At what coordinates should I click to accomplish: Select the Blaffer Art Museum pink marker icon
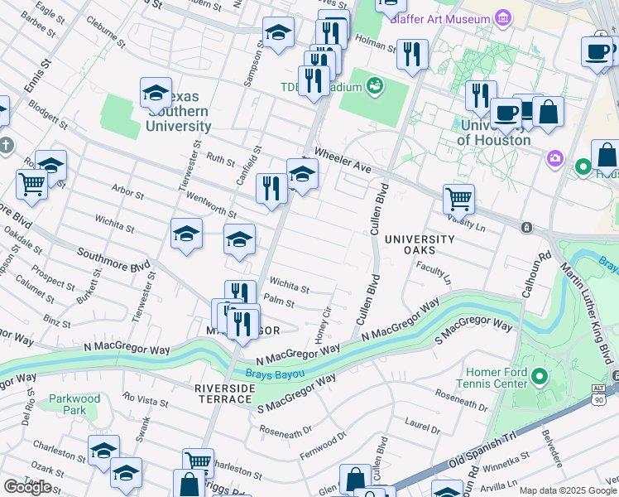coord(502,17)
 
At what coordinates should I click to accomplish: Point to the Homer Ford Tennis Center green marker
coord(540,378)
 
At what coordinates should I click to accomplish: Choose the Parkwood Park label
coord(74,404)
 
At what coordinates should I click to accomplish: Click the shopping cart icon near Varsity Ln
coord(458,198)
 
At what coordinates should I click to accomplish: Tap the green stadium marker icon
coord(375,84)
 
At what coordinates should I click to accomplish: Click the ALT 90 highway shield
coord(598,394)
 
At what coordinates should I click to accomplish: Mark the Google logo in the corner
coord(27,487)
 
